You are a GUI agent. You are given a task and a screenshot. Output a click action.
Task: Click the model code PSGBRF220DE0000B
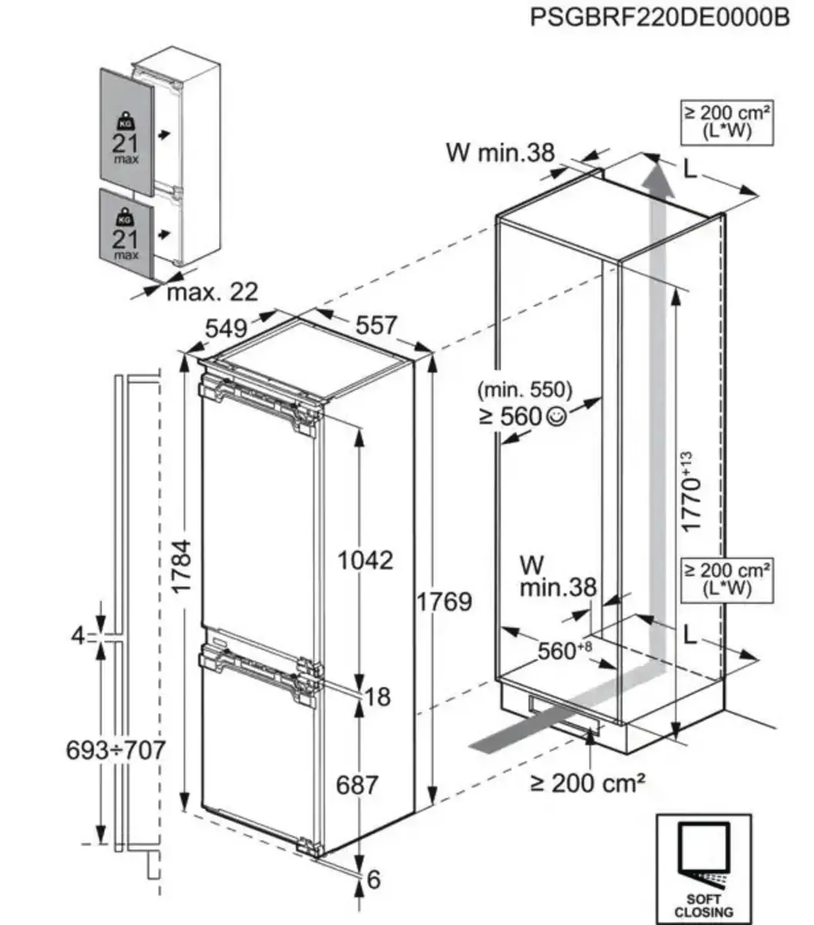click(x=660, y=18)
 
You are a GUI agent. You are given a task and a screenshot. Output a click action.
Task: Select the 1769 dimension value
click(x=444, y=600)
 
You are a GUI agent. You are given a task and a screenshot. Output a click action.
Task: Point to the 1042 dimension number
click(x=365, y=560)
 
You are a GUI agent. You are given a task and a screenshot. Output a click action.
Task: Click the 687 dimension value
click(x=358, y=785)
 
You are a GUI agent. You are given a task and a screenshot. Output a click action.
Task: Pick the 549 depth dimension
click(x=227, y=328)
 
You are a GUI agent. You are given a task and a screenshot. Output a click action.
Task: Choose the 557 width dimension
click(x=375, y=325)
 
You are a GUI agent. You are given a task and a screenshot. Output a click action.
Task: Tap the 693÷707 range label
click(x=116, y=748)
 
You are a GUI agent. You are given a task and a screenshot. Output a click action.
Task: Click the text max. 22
click(x=213, y=292)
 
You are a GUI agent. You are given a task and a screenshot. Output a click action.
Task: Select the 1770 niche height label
click(x=691, y=494)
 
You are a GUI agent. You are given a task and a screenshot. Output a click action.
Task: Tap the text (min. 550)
click(x=522, y=389)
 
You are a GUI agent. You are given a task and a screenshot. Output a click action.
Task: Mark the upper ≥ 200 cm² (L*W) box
click(x=728, y=122)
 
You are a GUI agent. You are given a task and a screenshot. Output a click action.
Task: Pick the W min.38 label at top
click(x=499, y=153)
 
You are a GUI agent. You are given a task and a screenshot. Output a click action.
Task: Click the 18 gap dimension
click(x=378, y=697)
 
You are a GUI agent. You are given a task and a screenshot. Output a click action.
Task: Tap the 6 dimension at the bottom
click(x=374, y=879)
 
